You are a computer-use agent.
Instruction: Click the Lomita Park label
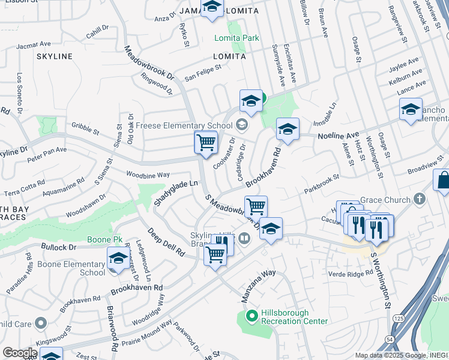pos(237,38)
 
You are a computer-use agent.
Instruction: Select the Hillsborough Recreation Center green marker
pos(252,314)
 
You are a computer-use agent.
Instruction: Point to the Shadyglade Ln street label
pos(175,194)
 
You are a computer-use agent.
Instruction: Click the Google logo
pos(19,353)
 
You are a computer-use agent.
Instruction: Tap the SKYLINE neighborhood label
pos(54,56)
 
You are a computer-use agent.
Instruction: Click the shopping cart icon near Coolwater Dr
pos(206,143)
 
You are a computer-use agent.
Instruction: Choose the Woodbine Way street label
pos(147,175)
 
